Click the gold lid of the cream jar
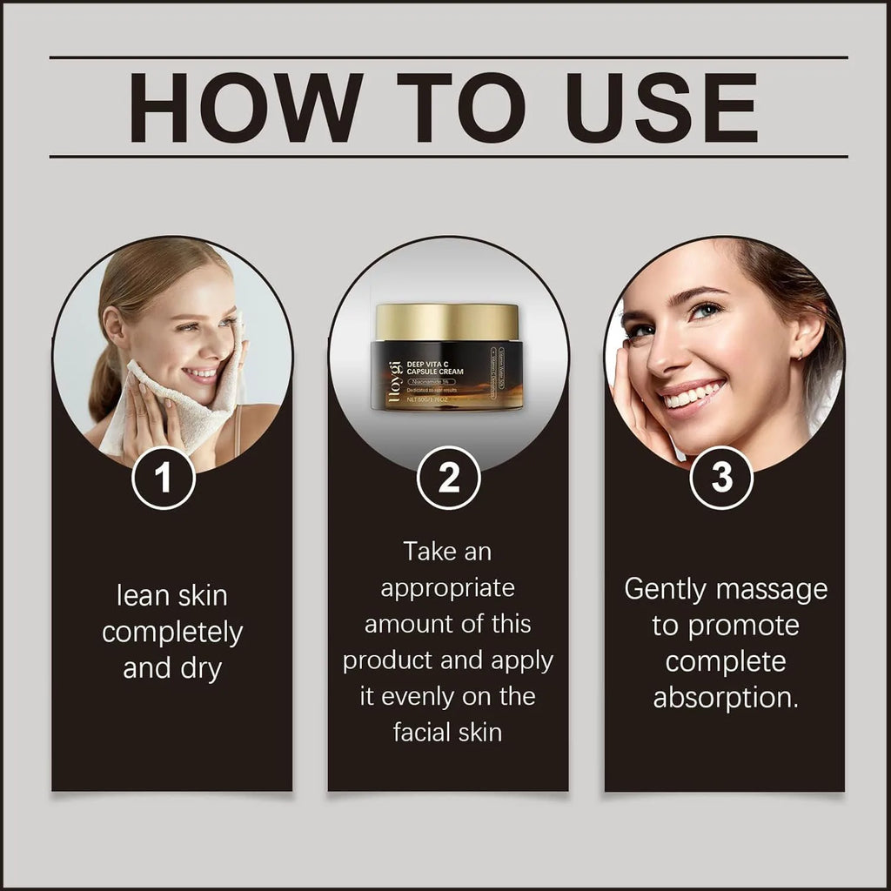[448, 321]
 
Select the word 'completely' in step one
[172, 633]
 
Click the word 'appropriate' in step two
[448, 587]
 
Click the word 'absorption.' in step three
[726, 698]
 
